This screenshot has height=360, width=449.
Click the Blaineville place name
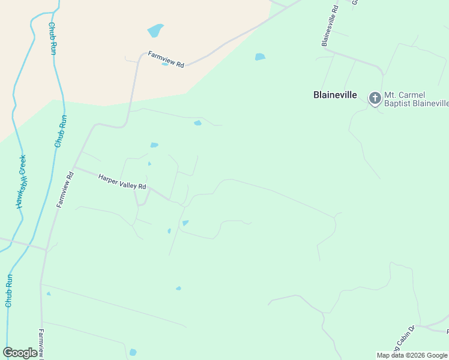[x=335, y=95]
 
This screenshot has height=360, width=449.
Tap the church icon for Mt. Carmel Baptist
[x=375, y=97]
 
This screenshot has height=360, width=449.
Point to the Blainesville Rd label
[x=330, y=26]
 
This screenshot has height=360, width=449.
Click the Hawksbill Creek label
[x=22, y=182]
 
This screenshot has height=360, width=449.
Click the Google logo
[x=20, y=353]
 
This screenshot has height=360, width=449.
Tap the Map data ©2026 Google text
[x=412, y=355]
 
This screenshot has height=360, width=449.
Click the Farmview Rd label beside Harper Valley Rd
[x=65, y=190]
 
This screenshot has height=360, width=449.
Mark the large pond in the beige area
[x=155, y=30]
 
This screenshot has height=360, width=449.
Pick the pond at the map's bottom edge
[x=133, y=352]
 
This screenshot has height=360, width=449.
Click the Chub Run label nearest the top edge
[x=53, y=38]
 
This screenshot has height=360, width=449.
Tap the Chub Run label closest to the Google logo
[x=9, y=290]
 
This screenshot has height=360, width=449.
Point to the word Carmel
[x=412, y=95]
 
